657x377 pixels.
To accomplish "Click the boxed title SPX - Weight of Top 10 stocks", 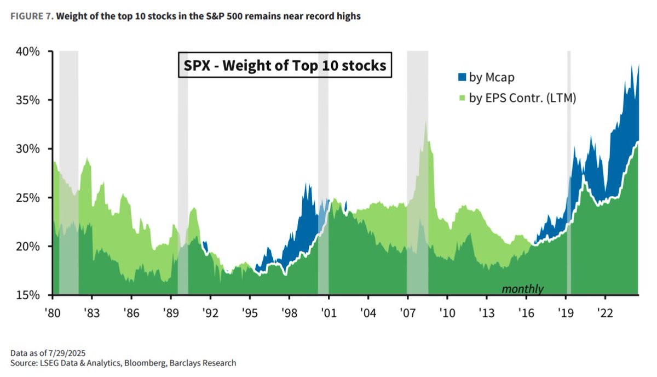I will [x=284, y=66].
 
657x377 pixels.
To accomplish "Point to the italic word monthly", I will [x=522, y=289].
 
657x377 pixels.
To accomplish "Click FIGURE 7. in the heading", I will [x=32, y=16].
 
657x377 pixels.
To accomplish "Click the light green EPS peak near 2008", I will [x=425, y=123].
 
